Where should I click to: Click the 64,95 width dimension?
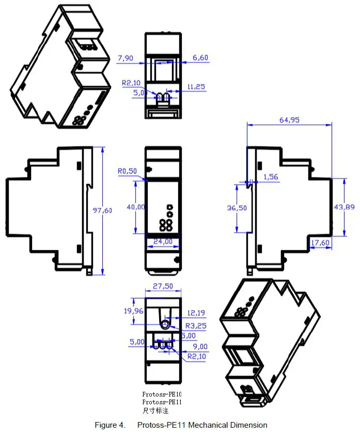point(289,120)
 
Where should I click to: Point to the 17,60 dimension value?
point(320,242)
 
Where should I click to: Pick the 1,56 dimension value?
point(271,177)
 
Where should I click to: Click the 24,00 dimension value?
point(162,241)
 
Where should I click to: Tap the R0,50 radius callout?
point(127,171)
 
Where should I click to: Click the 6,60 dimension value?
point(200,58)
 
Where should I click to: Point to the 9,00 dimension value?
point(200,346)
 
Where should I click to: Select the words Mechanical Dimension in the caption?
point(228,425)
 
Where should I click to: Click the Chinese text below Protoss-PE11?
point(155,411)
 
